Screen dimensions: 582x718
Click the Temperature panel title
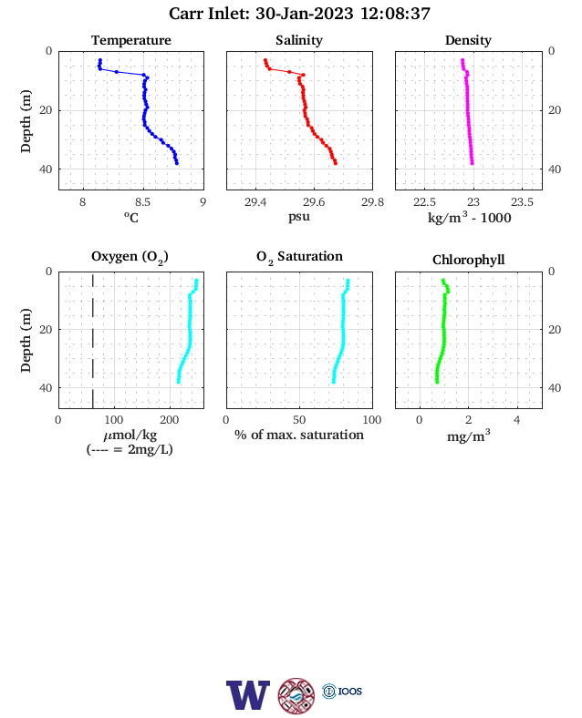coord(131,40)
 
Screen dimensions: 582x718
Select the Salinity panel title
coord(299,40)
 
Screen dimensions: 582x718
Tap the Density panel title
coord(468,40)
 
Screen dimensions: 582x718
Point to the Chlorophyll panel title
coord(468,260)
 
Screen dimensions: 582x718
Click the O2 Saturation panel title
coord(299,257)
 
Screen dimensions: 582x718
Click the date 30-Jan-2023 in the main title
coord(305,14)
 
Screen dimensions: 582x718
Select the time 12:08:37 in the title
coord(395,14)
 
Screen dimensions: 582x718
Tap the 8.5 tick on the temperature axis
coord(142,202)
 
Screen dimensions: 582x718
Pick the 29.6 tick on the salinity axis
coord(314,202)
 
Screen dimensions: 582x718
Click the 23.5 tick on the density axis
coord(522,202)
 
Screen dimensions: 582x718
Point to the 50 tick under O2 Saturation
coord(299,420)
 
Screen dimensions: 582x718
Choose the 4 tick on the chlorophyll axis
coord(517,420)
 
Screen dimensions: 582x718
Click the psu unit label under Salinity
coord(299,216)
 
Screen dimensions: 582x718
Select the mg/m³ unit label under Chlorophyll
coord(468,436)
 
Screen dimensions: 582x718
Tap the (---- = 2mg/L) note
coord(130,449)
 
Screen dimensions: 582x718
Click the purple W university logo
coord(248,695)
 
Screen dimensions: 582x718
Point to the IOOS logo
coord(342,691)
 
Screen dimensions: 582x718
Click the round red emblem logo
coord(296,696)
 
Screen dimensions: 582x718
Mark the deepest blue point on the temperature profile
coord(177,163)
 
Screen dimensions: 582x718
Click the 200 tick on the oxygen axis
coord(169,420)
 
